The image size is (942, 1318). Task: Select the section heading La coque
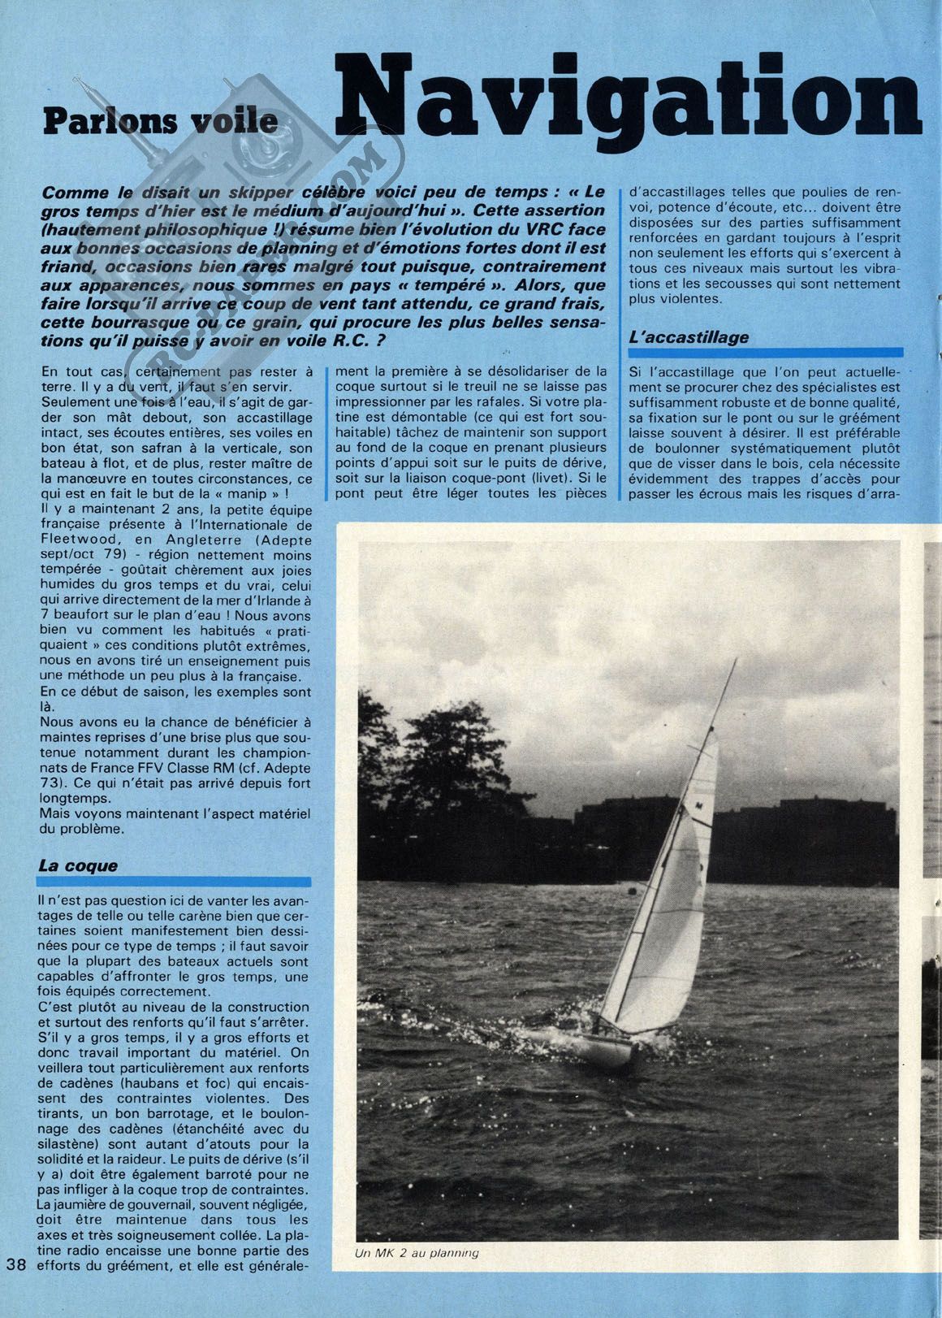78,866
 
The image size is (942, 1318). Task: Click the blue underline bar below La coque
175,881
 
